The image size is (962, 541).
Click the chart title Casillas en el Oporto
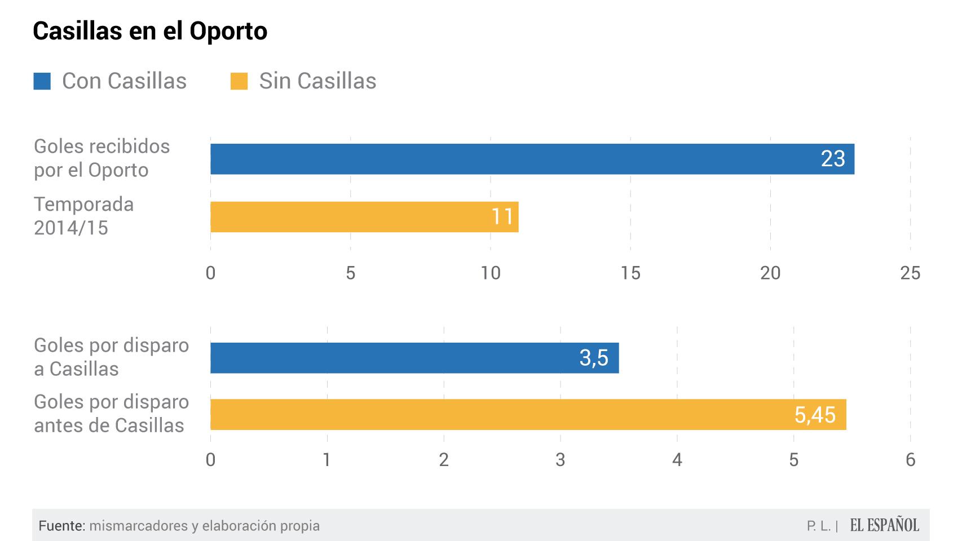(x=150, y=31)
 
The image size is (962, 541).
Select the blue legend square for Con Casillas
(x=42, y=81)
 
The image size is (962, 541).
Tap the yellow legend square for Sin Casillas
(x=239, y=81)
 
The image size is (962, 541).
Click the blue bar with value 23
(x=532, y=159)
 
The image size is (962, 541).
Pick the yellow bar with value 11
(x=364, y=217)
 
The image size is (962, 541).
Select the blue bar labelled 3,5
(x=414, y=358)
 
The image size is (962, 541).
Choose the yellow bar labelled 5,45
(x=528, y=415)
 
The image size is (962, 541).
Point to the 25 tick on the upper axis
(x=910, y=273)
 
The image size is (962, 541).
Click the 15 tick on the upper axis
(x=630, y=273)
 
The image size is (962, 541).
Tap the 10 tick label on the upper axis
(x=490, y=273)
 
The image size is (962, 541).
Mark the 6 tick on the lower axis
(x=910, y=460)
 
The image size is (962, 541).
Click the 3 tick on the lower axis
(x=560, y=460)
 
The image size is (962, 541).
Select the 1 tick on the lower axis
(x=327, y=460)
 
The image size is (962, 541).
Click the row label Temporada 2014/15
(x=83, y=216)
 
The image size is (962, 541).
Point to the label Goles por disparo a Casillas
(x=111, y=357)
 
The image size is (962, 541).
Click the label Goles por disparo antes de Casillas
(x=111, y=414)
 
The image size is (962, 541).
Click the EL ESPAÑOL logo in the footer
(x=884, y=525)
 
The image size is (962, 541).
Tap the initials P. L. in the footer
(x=819, y=526)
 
